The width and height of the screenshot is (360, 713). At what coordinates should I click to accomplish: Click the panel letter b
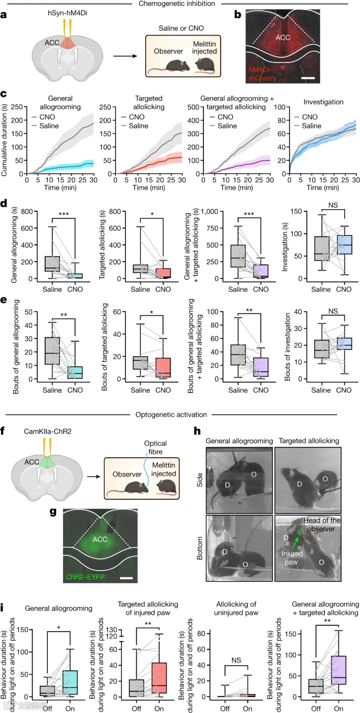pyautogui.click(x=238, y=15)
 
